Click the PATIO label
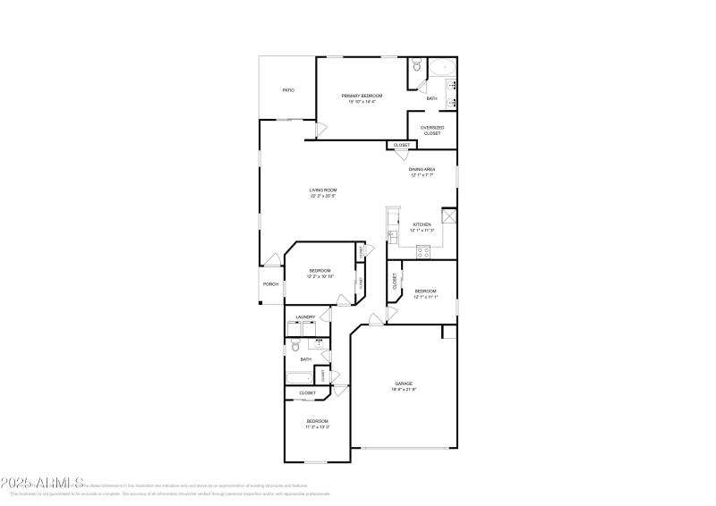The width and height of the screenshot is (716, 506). [x=288, y=90]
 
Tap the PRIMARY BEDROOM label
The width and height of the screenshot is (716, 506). [x=362, y=96]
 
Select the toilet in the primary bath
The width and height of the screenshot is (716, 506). [x=416, y=66]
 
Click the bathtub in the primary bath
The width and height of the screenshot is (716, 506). [x=440, y=69]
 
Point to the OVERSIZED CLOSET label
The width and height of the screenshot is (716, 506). [x=432, y=131]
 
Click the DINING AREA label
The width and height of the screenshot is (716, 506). [x=422, y=169]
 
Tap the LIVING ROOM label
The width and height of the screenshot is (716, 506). [x=323, y=190]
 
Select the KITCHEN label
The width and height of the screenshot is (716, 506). [x=422, y=224]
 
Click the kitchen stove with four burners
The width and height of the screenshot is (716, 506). [x=422, y=252]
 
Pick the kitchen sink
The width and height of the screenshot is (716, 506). [x=391, y=235]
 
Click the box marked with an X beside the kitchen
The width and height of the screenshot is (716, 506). [x=449, y=216]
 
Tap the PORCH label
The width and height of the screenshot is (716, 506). [x=270, y=284]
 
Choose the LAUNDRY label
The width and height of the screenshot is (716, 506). [x=305, y=316]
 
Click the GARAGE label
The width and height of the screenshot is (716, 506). [x=404, y=384]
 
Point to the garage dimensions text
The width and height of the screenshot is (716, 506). [x=404, y=390]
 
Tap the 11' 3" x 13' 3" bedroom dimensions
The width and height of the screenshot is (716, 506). [x=318, y=427]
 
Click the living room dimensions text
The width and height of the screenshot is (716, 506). [x=323, y=196]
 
